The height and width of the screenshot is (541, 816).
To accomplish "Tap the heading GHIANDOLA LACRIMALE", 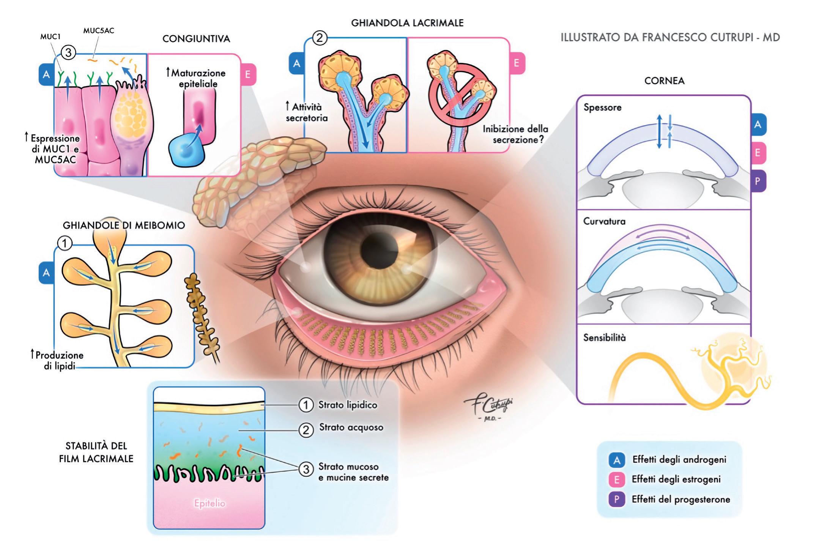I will (407, 23).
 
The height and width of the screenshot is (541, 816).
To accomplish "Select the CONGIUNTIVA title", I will (196, 39).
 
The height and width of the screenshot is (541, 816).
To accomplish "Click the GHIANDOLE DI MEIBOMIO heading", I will (124, 226).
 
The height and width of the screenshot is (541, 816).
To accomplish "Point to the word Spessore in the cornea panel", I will (602, 107).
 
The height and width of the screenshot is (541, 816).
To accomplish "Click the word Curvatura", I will (604, 221).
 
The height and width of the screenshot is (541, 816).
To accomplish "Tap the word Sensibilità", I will (604, 338).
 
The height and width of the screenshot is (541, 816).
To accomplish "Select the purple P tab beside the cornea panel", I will (758, 181).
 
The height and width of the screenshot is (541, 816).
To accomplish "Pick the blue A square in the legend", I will (617, 460).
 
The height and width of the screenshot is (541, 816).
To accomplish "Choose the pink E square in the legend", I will (617, 480).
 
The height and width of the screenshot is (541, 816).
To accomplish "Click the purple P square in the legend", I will (617, 500).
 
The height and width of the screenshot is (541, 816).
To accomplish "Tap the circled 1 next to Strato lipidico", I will (306, 405).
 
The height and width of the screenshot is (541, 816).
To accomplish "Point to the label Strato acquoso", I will (351, 427).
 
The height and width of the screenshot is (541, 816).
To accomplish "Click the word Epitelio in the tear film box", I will (210, 503).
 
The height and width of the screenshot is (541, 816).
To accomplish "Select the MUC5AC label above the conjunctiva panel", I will (99, 31).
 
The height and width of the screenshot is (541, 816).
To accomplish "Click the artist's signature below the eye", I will (488, 408).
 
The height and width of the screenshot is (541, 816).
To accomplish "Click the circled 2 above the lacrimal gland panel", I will (320, 38).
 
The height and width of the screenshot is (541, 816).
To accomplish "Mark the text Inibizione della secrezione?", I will (515, 134).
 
